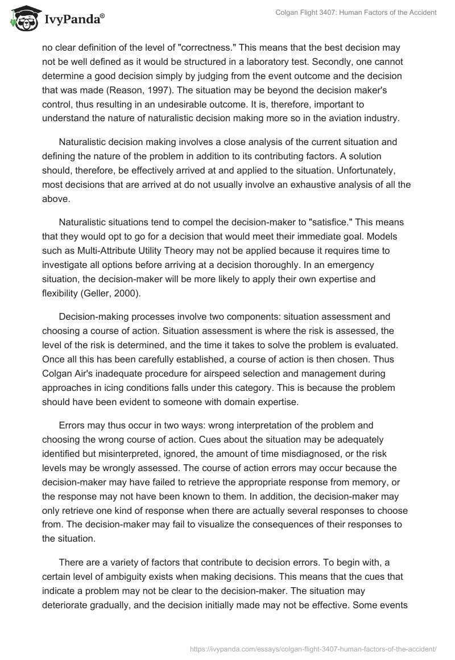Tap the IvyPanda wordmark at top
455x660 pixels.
pos(74,20)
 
